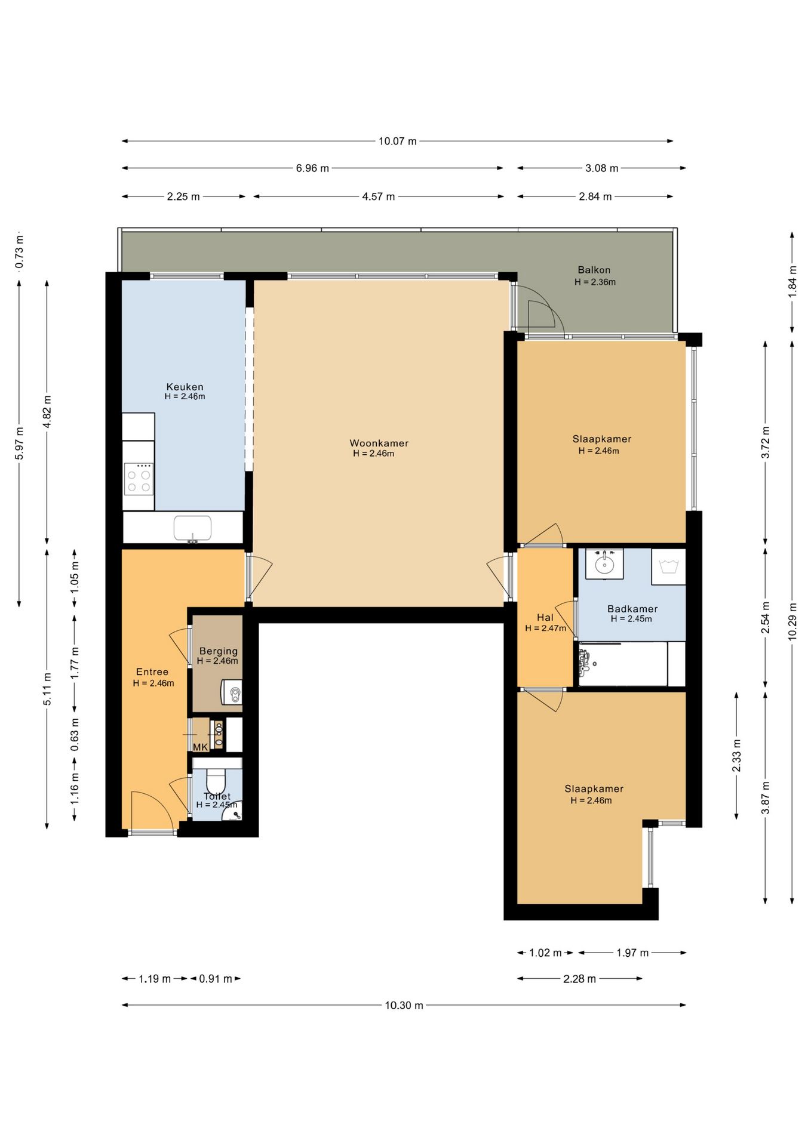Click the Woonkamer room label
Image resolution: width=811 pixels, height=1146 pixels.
tap(379, 443)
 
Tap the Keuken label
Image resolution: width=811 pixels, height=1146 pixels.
tap(185, 387)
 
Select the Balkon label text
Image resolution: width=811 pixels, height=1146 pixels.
tap(594, 270)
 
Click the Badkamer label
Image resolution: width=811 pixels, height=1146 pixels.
tap(632, 609)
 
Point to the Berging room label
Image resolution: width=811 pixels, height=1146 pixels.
tap(218, 651)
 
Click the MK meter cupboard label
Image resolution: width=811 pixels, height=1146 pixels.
tap(200, 747)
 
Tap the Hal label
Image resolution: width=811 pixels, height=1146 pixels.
tap(545, 618)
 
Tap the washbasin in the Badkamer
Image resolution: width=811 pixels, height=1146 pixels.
tap(604, 563)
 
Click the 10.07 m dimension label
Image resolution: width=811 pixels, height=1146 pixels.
tap(397, 141)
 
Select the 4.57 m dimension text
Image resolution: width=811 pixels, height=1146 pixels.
tap(378, 196)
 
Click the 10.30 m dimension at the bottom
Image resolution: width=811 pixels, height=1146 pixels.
tap(404, 1005)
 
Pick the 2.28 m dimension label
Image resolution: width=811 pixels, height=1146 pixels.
tap(579, 979)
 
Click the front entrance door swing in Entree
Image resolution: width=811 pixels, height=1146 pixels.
tap(152, 810)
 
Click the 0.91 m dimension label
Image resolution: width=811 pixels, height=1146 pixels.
tap(216, 979)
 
